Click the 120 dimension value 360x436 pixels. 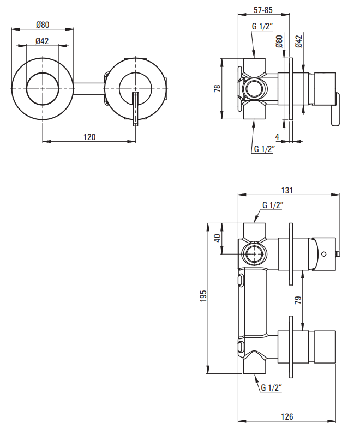point(89,137)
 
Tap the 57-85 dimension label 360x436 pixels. point(263,10)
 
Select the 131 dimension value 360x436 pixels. point(287,190)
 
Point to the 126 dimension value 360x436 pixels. point(287,416)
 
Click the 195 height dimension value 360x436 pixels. point(203,295)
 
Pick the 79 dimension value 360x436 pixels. point(298,300)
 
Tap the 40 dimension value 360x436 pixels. point(217,238)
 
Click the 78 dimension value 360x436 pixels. point(217,88)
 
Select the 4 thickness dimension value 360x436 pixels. point(277,137)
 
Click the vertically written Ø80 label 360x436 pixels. point(279,41)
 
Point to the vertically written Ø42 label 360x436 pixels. point(298,41)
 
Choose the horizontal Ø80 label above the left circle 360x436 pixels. point(43,25)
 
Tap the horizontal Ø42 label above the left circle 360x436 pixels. point(43,41)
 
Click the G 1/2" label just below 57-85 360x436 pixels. point(262,26)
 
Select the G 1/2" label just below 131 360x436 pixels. point(273,205)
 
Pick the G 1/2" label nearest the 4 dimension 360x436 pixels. point(265,149)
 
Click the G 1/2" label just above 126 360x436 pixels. point(271,387)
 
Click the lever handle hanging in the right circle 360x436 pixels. point(135,109)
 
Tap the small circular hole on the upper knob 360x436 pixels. point(323,253)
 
